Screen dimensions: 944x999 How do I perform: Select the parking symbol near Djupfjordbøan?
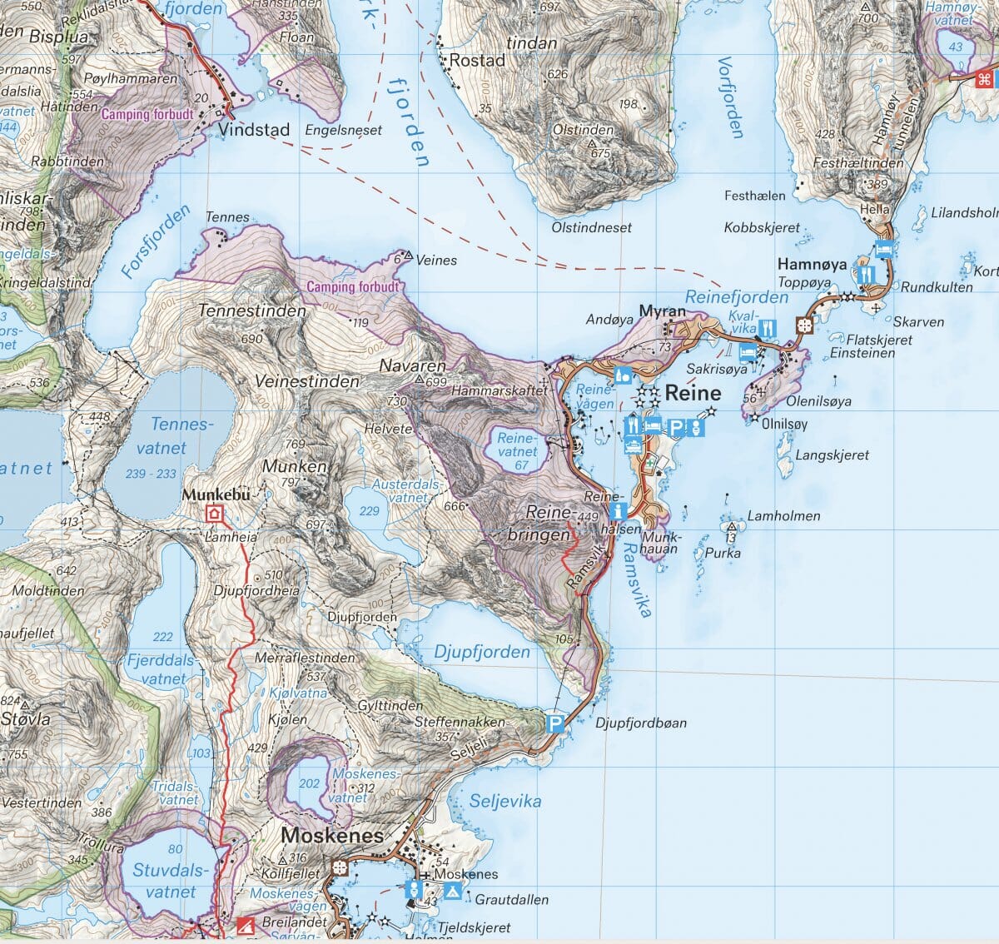pyautogui.click(x=554, y=723)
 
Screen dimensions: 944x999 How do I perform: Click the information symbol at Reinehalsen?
pyautogui.click(x=617, y=510)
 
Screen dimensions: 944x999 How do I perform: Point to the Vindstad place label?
pyautogui.click(x=255, y=130)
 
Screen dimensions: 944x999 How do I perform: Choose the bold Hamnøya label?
pyautogui.click(x=812, y=265)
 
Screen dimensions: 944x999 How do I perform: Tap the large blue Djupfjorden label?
pyautogui.click(x=481, y=652)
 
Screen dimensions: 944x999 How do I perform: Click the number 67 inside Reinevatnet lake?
pyautogui.click(x=521, y=465)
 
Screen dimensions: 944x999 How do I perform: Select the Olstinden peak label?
pyautogui.click(x=583, y=131)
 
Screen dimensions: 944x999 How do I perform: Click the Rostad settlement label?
pyautogui.click(x=477, y=61)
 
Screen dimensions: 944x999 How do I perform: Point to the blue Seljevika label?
pyautogui.click(x=504, y=802)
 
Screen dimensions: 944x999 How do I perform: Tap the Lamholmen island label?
pyautogui.click(x=783, y=516)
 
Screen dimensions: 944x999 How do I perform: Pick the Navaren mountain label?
pyautogui.click(x=412, y=365)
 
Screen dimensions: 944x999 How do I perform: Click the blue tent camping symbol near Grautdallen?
pyautogui.click(x=452, y=891)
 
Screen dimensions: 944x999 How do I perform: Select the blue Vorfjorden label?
pyautogui.click(x=730, y=97)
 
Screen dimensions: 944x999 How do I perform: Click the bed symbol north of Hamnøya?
pyautogui.click(x=883, y=248)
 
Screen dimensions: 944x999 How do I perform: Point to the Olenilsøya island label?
pyautogui.click(x=819, y=401)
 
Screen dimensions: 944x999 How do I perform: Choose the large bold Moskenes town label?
pyautogui.click(x=332, y=835)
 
